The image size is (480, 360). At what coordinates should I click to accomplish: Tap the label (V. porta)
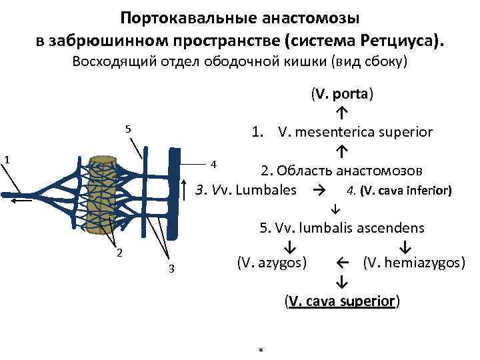click(341, 93)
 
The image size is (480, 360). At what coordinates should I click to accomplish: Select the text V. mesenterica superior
click(356, 132)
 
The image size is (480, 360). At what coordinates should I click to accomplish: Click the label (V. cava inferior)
click(400, 191)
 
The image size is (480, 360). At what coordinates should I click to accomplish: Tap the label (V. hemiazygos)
click(414, 263)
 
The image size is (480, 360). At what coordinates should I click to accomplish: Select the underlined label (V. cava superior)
click(341, 301)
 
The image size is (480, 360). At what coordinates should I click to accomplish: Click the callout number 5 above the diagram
click(128, 129)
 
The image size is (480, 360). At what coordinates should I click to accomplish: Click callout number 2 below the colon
click(118, 252)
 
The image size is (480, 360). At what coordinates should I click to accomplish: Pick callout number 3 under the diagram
click(171, 269)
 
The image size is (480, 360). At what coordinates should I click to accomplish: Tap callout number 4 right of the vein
click(213, 164)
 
